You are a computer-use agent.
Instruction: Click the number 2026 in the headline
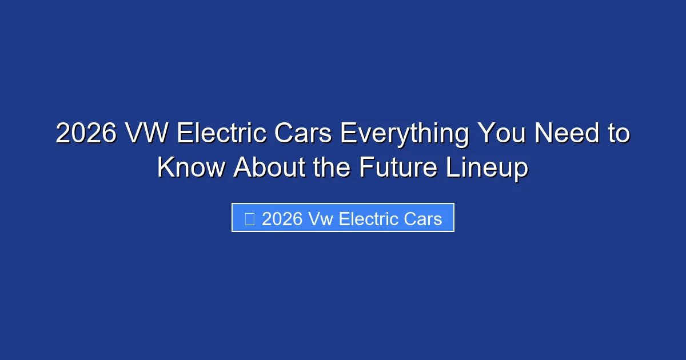coord(86,134)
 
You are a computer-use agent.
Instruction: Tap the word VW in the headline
coord(147,134)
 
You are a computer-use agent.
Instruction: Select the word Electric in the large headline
coord(221,134)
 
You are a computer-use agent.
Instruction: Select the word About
coord(268,167)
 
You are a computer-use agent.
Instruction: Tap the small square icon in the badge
coord(249,219)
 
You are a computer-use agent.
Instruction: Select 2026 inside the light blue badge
coord(282,219)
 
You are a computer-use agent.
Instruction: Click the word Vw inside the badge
coord(321,219)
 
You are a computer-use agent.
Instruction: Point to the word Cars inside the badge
coord(422,219)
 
